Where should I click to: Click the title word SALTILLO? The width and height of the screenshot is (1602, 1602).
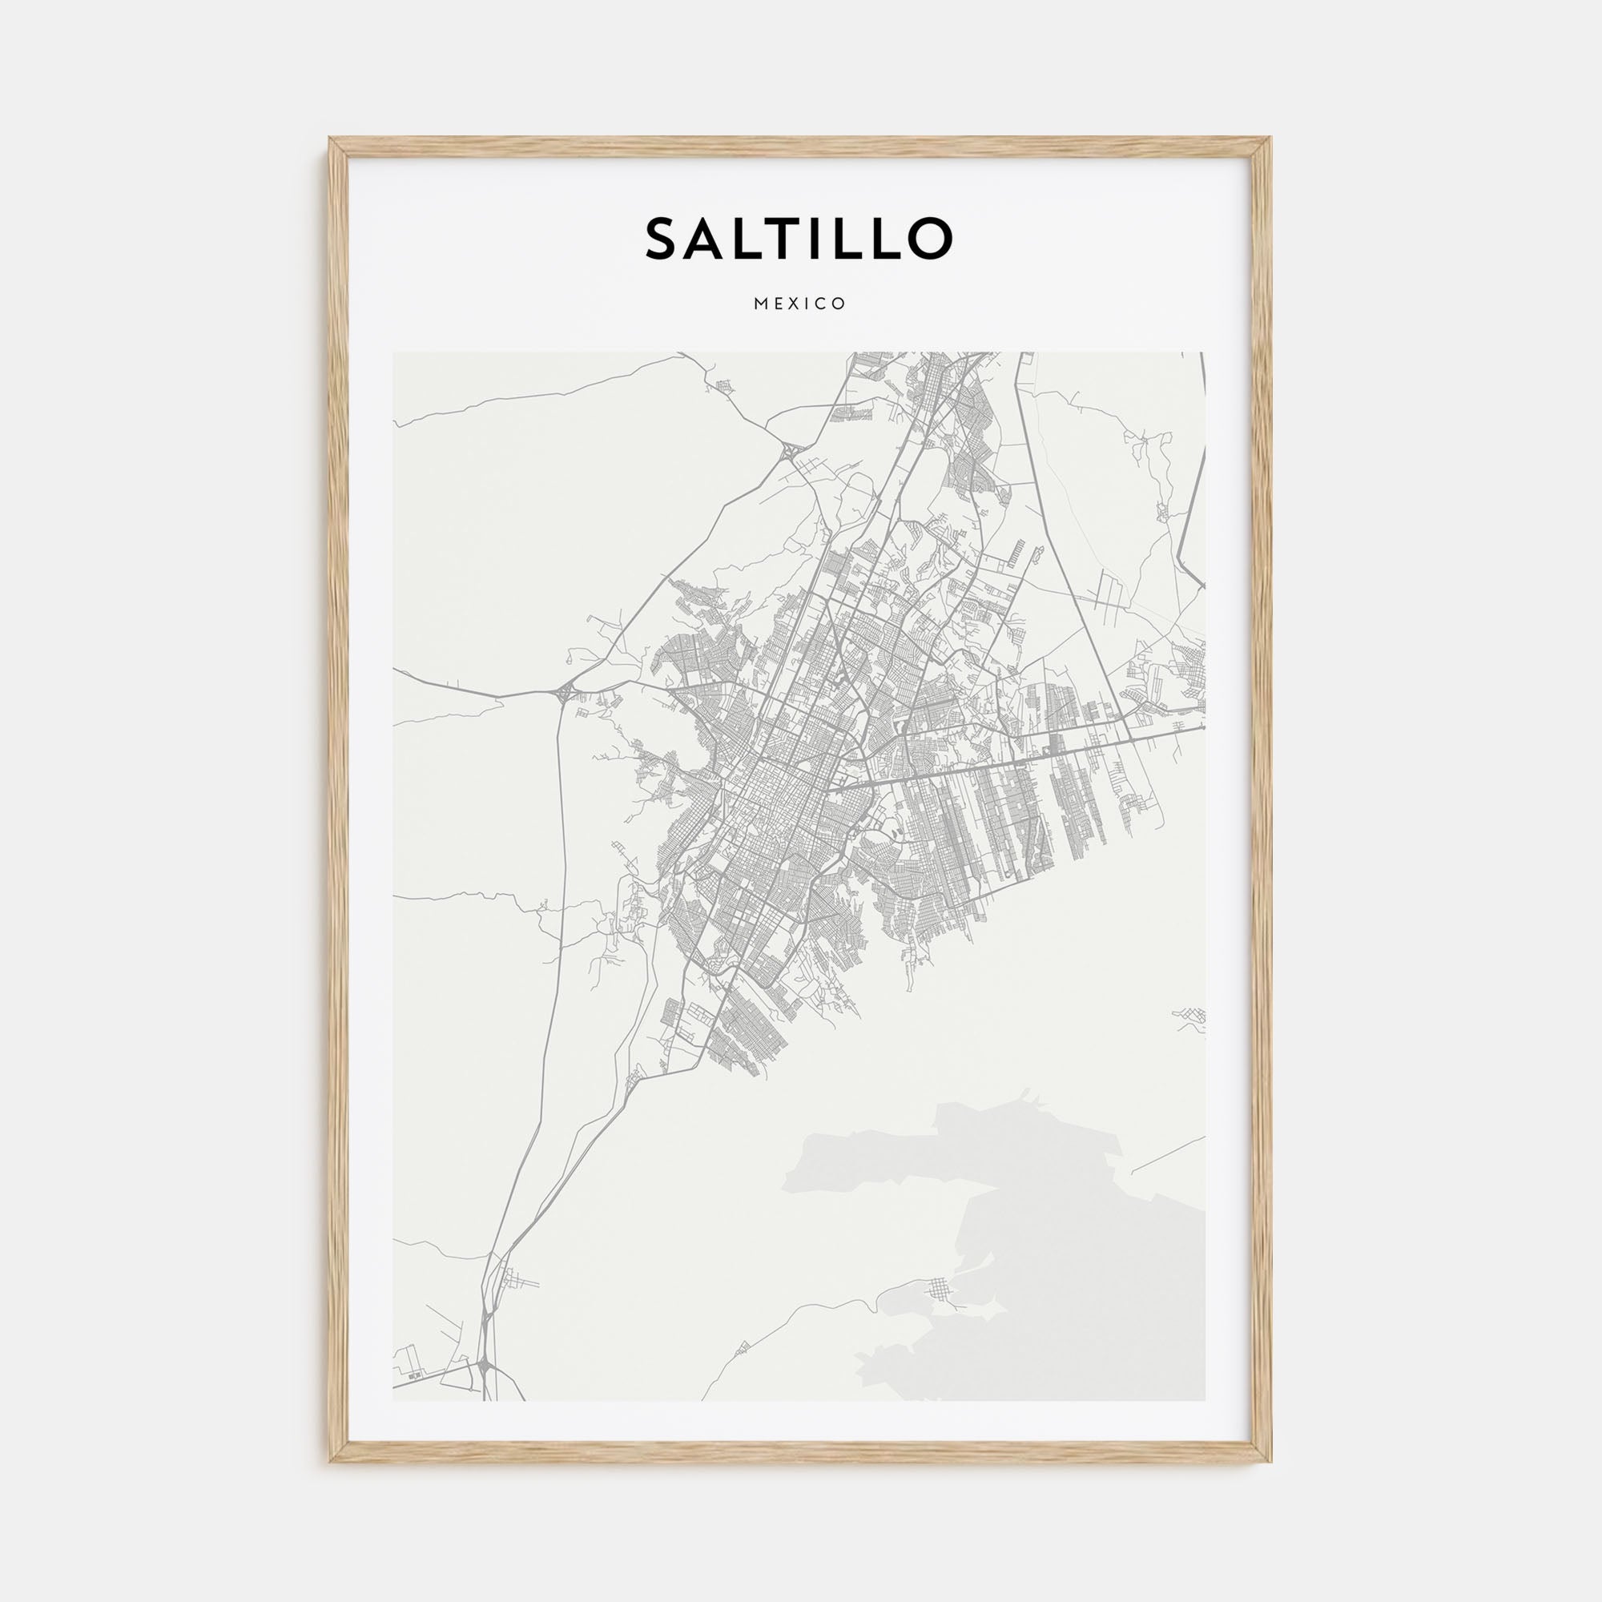point(799,238)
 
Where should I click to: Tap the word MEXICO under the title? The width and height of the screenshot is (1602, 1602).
point(800,304)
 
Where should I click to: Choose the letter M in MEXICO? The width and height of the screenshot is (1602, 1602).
point(760,304)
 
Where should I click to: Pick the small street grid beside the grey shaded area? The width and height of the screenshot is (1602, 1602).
point(940,1311)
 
